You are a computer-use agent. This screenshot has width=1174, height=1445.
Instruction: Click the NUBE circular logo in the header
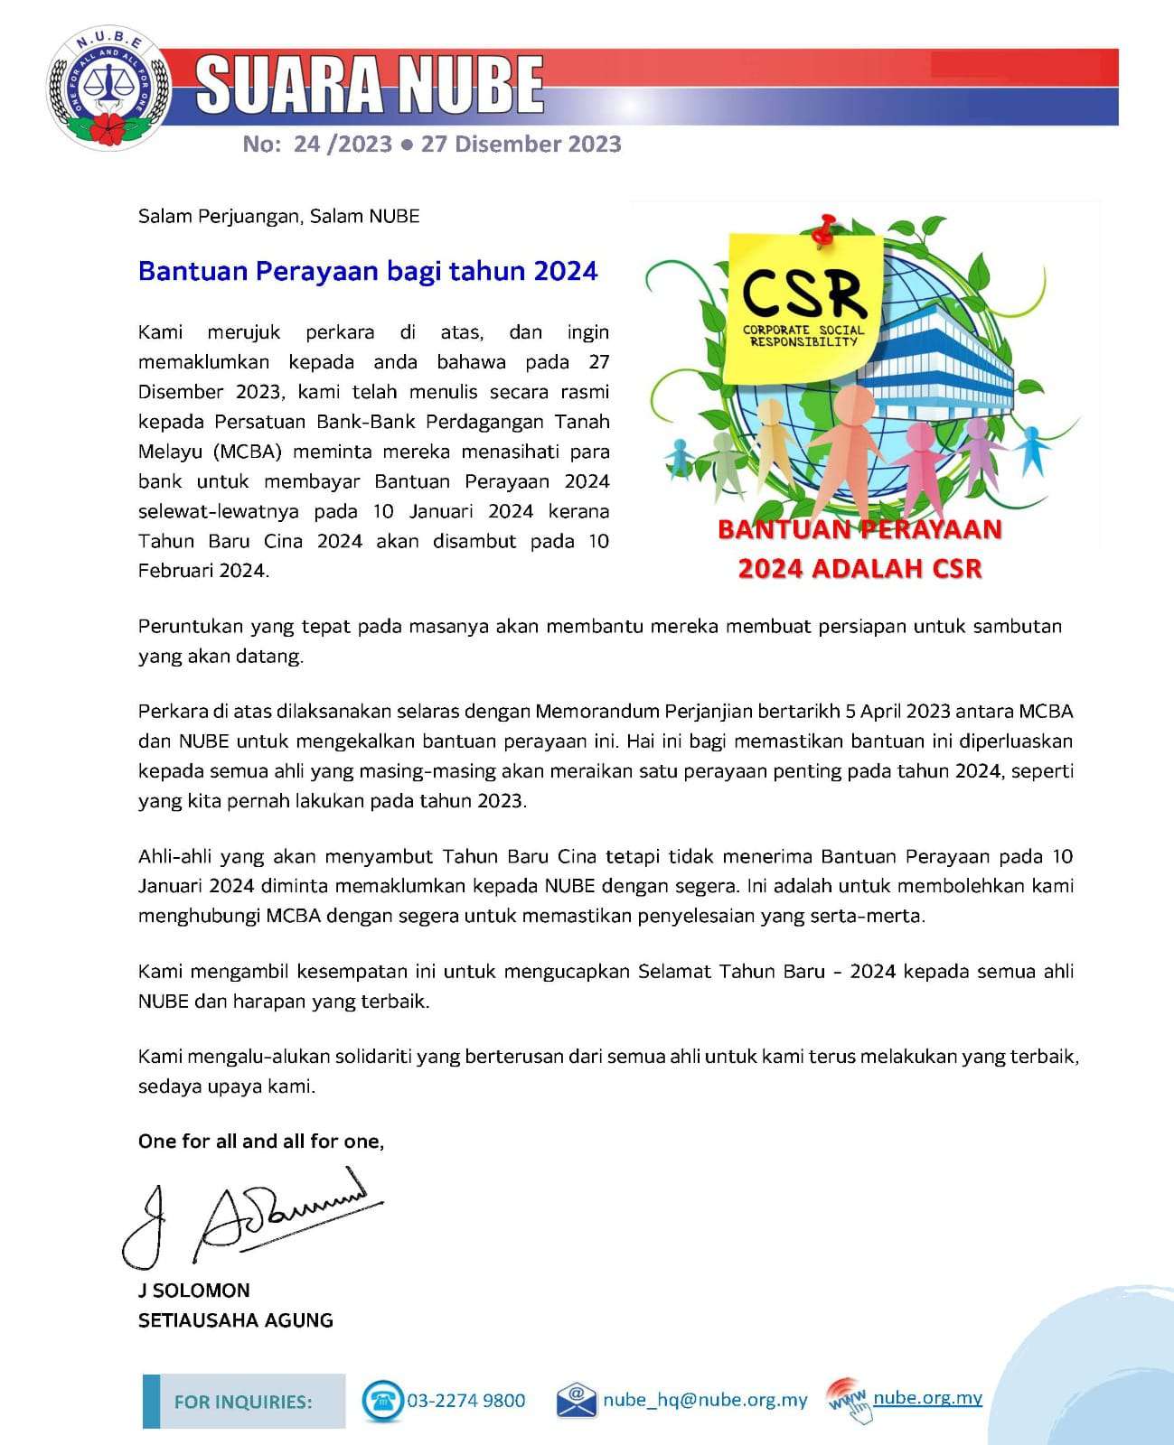coord(108,88)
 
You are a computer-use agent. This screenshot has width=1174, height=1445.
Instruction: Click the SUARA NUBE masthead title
coord(370,85)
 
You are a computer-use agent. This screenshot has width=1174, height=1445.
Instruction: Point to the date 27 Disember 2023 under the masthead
coord(521,144)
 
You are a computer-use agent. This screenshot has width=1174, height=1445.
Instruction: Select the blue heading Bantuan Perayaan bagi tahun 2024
coord(368,271)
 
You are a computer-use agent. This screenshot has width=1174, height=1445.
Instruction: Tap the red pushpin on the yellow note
coord(823,229)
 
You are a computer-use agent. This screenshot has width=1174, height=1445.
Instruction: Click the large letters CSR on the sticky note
coord(803,292)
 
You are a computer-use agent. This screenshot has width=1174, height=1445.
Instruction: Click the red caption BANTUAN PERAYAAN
coord(859,529)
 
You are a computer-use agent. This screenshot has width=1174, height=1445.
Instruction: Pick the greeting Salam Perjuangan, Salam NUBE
coord(278,216)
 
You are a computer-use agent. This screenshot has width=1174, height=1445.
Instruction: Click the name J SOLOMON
coord(193,1291)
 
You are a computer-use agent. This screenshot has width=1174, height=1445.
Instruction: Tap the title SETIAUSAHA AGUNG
coord(235,1320)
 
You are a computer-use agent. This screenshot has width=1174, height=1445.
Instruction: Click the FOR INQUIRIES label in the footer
coord(243,1402)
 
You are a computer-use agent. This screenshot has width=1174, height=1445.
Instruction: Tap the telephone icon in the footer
coord(382,1401)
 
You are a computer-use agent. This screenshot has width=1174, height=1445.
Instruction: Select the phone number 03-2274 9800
coord(465,1401)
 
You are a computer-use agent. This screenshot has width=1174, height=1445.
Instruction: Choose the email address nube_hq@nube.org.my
coord(705,1400)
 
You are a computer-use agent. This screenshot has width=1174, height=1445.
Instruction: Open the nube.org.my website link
coord(927,1398)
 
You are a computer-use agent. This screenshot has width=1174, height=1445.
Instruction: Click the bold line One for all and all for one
coord(261,1142)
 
